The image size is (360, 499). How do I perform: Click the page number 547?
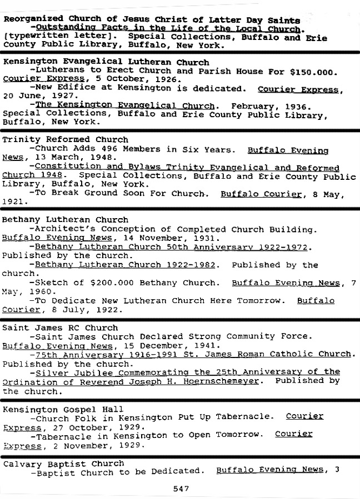tap(181, 489)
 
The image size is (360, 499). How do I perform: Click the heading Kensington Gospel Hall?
tap(62, 410)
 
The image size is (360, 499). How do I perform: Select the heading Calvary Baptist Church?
tap(63, 463)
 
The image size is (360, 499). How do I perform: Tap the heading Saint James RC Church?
tap(53, 327)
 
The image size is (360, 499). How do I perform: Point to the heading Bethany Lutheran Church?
tap(65, 220)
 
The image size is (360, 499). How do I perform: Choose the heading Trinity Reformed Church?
tap(65, 139)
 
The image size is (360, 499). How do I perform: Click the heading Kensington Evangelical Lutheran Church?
tap(106, 62)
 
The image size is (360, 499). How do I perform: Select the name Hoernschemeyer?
tap(216, 381)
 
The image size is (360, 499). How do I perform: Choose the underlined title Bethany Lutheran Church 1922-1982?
tap(125, 265)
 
